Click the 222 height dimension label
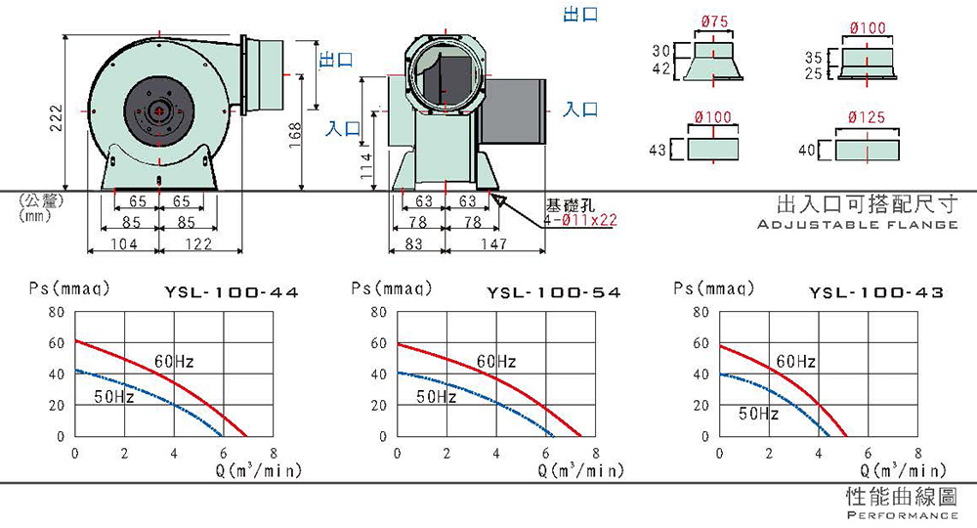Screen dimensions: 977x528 [x=56, y=117]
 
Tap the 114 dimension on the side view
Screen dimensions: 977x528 [x=366, y=166]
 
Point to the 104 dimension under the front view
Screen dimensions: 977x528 [x=123, y=243]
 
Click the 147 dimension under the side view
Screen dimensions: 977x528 [x=493, y=243]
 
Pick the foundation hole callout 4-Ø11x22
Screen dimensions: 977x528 [x=580, y=220]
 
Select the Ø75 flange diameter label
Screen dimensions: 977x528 [x=714, y=22]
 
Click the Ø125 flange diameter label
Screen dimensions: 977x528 [x=866, y=116]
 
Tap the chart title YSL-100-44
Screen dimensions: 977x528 [x=232, y=292]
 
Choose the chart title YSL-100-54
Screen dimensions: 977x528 [x=553, y=292]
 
